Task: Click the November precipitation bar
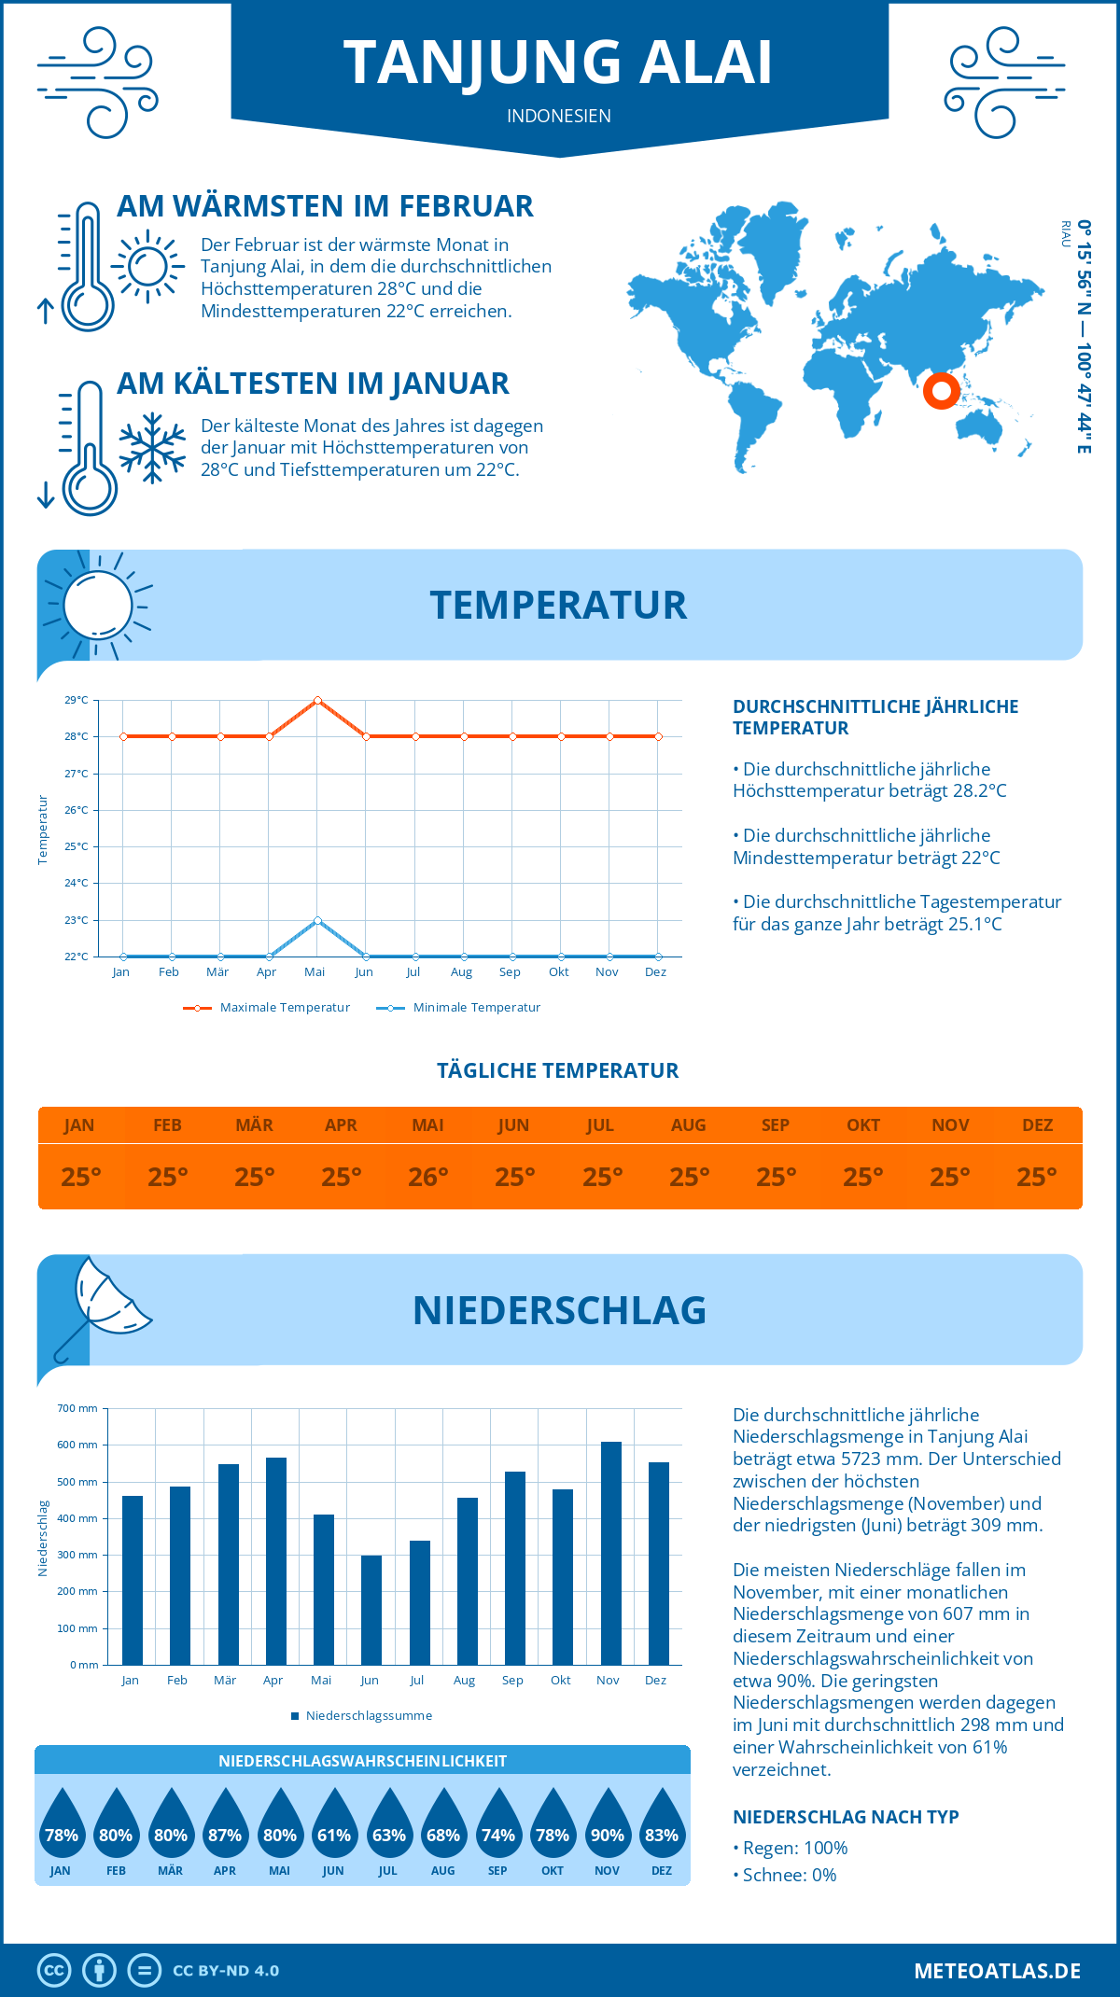tap(611, 1553)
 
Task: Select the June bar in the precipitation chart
tap(371, 1610)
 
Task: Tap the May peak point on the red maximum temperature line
tap(318, 700)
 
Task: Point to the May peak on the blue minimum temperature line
tap(318, 920)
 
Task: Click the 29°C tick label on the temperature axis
tap(77, 700)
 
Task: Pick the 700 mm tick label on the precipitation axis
tap(77, 1408)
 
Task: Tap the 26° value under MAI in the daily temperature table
tap(428, 1177)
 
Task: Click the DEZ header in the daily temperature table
tap(1037, 1125)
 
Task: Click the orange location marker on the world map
tap(942, 391)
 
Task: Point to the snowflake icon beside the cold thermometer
tap(152, 448)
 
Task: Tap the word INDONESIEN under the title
tap(559, 116)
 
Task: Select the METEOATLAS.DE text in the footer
tap(997, 1970)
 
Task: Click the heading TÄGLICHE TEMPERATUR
tap(558, 1070)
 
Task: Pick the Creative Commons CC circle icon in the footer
tap(54, 1970)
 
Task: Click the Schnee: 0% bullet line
tap(786, 1875)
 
